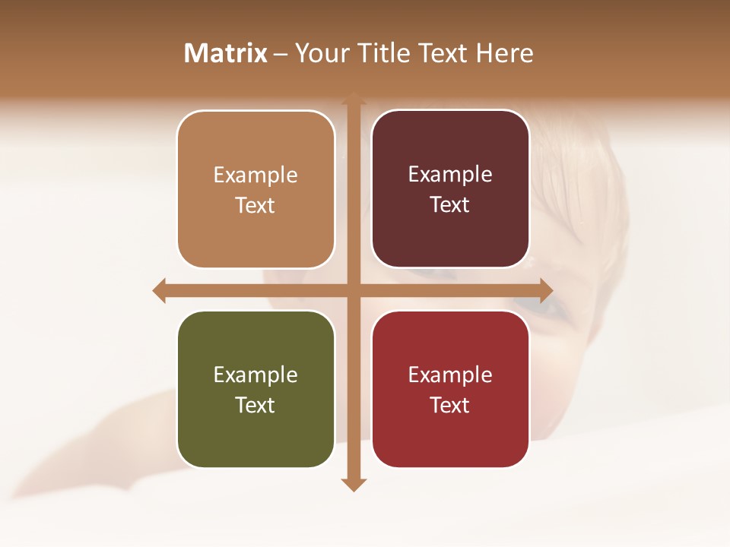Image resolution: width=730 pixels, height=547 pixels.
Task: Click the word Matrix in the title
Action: [226, 53]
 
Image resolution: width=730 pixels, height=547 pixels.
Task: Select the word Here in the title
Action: [505, 53]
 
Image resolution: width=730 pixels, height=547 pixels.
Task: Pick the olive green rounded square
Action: [255, 433]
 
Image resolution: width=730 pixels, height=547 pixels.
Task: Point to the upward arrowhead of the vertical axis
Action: [354, 98]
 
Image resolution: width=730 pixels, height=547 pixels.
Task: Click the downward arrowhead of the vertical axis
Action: [354, 484]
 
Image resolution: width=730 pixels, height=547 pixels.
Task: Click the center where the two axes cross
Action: [354, 290]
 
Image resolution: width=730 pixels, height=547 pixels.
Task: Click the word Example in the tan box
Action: [255, 175]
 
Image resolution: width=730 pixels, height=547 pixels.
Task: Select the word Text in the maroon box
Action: [450, 205]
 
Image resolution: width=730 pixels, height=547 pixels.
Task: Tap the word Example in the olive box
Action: [255, 375]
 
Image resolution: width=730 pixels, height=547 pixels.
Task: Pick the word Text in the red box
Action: [450, 405]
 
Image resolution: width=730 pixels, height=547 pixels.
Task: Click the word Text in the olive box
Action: [255, 405]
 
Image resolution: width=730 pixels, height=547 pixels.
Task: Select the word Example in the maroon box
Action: [450, 175]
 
